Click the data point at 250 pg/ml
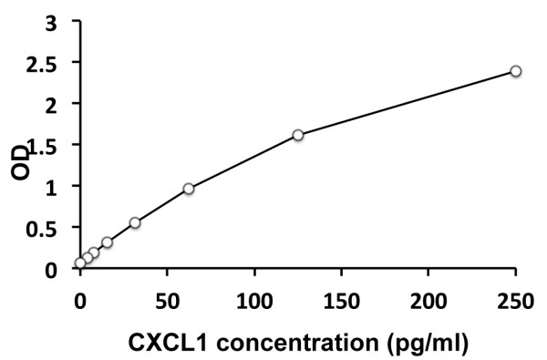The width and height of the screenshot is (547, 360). [515, 71]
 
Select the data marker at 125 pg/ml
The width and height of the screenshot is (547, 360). [298, 135]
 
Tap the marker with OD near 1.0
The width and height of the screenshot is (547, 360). [189, 189]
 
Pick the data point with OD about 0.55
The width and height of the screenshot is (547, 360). [135, 222]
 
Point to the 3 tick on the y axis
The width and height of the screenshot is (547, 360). [59, 21]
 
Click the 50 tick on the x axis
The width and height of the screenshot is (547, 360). [167, 299]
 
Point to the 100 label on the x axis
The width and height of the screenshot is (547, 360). [253, 299]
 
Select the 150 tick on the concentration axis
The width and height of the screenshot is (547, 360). [341, 299]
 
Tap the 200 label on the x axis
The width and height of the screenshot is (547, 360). [428, 299]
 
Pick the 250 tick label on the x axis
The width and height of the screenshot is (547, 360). [515, 299]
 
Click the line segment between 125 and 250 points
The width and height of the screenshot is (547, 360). [407, 103]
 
